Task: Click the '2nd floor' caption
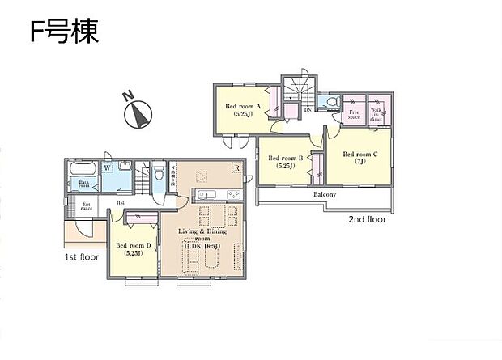(367, 219)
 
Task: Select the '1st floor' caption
(83, 256)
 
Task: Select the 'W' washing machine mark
(107, 168)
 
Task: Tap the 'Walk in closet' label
(376, 113)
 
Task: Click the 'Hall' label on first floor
(119, 203)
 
